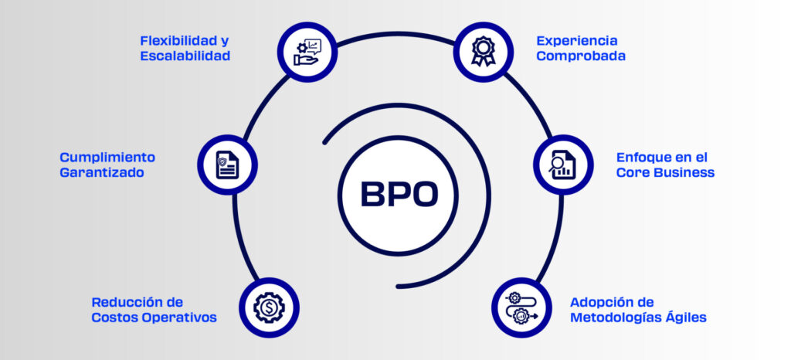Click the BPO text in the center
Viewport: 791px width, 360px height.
click(399, 194)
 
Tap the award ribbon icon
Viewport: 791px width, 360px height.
click(484, 52)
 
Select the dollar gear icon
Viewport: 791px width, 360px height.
click(269, 307)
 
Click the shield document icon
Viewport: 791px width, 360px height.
click(228, 165)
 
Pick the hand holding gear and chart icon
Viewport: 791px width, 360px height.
click(307, 52)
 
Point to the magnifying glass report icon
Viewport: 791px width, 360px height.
click(562, 165)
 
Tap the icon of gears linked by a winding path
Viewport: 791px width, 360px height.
click(521, 307)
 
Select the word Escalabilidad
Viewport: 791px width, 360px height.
click(185, 56)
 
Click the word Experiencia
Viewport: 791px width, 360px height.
click(576, 41)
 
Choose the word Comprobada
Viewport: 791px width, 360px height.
click(581, 56)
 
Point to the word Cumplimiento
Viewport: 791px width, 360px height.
click(107, 158)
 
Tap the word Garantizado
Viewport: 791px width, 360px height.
click(102, 172)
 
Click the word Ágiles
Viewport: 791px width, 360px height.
click(685, 318)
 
